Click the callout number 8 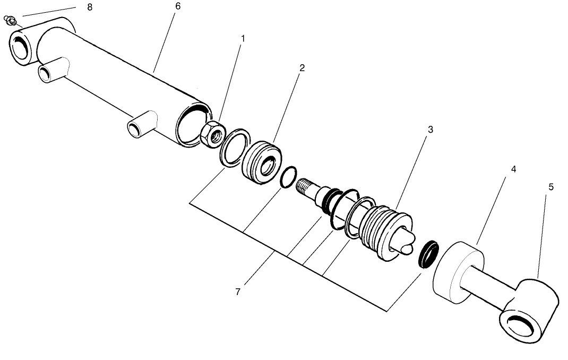(89, 7)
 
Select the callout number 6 (177, 6)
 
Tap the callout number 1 (243, 39)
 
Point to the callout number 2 (302, 68)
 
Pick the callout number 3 (430, 130)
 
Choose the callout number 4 (513, 169)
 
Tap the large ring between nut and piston (234, 148)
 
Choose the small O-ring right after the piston (288, 177)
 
